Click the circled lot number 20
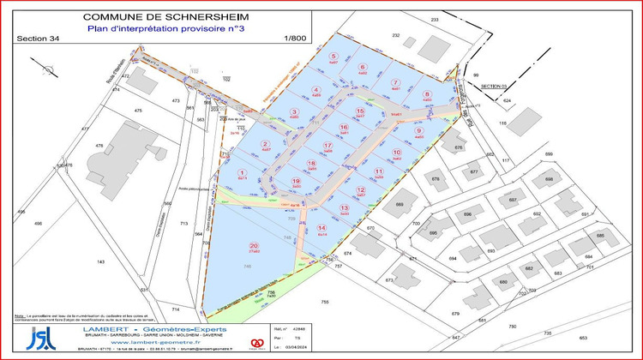[254, 245]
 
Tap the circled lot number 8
[427, 94]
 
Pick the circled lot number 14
[321, 227]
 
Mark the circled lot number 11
[378, 171]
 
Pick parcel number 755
[324, 302]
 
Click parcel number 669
[399, 205]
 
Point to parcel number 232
[396, 34]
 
